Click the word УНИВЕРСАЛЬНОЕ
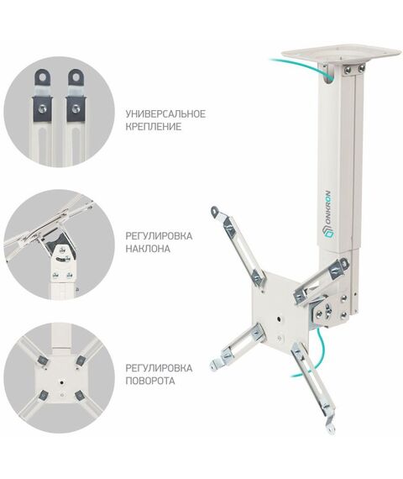tap(165, 114)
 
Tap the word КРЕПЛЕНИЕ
tap(154, 126)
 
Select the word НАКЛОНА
tap(148, 249)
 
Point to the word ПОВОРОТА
tap(150, 381)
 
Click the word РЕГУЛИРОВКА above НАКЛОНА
tap(159, 236)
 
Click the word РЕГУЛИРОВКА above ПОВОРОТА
tap(159, 368)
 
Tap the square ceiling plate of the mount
tap(340, 53)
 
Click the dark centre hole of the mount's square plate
tap(280, 319)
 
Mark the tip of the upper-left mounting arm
tap(214, 210)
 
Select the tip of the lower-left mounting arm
tap(214, 366)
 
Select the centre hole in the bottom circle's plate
tap(62, 382)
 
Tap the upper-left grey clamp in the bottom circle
tap(42, 361)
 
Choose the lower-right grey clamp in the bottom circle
tap(80, 396)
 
